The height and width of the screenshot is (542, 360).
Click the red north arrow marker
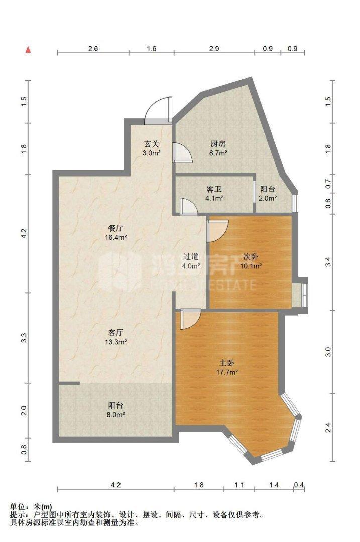pos(28,49)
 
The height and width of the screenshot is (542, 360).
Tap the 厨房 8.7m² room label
pos(218,148)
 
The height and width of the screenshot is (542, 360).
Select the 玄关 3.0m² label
pos(151,148)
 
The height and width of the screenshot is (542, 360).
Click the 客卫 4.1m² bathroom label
pos(214,194)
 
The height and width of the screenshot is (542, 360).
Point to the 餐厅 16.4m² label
pos(116,233)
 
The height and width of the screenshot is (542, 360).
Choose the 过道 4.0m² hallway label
pos(191,261)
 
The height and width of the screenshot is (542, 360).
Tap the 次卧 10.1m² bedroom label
pos(251,261)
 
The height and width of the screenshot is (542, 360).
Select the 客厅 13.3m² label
pos(116,337)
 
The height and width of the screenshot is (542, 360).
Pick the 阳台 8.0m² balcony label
pos(116,410)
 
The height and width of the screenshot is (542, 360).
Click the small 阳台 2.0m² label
pos(267,194)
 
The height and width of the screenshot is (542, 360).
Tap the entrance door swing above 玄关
pos(158,110)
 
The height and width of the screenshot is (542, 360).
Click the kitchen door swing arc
pos(183,152)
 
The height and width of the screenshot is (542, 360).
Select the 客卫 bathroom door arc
pos(188,207)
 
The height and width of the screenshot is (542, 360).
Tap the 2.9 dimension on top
pos(214,48)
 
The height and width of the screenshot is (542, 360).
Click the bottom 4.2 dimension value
pos(115,485)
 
